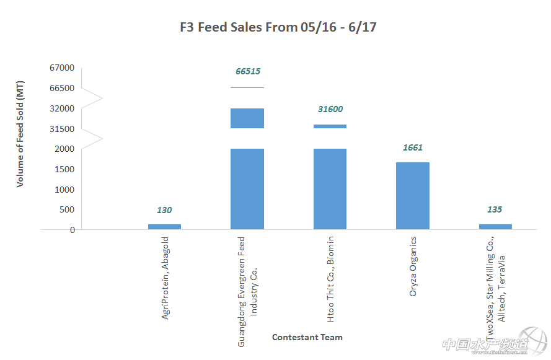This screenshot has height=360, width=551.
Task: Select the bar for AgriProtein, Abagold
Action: coord(164,227)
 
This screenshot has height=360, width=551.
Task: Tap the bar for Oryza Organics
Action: coord(413,196)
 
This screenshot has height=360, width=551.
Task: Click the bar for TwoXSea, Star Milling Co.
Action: coord(495,227)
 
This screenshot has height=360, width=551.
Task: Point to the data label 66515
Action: coord(248,71)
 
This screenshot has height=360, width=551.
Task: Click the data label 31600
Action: coord(330,109)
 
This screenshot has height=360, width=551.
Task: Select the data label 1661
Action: coord(412,147)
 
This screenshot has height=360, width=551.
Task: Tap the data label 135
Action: coord(495,209)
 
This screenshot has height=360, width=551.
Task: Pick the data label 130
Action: coord(164,210)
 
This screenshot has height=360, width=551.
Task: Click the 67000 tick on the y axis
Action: coord(62,68)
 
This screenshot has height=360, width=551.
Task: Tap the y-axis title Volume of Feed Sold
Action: coord(20,134)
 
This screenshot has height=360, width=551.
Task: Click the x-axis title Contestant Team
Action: coord(307,337)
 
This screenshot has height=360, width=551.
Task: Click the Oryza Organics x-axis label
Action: coord(413,266)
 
